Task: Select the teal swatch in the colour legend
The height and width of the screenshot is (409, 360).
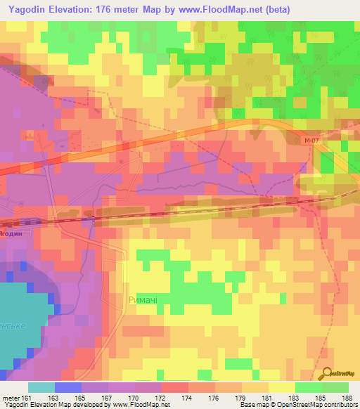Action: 41,387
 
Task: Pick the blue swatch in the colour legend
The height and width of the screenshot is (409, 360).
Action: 68,387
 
